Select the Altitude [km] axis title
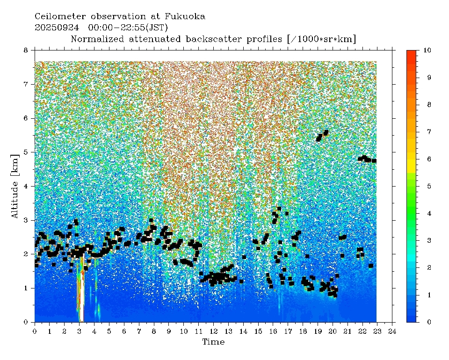[x=15, y=185]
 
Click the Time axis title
[x=213, y=342]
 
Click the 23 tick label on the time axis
[x=377, y=331]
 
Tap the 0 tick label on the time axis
[x=35, y=331]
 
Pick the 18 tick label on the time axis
[x=303, y=331]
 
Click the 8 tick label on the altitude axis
[x=26, y=50]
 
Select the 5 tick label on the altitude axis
[x=26, y=152]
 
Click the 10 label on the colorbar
[x=426, y=50]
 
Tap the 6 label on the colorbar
[x=424, y=159]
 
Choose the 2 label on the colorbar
[x=424, y=267]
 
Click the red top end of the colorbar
[x=412, y=53]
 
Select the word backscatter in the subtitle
[x=203, y=39]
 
